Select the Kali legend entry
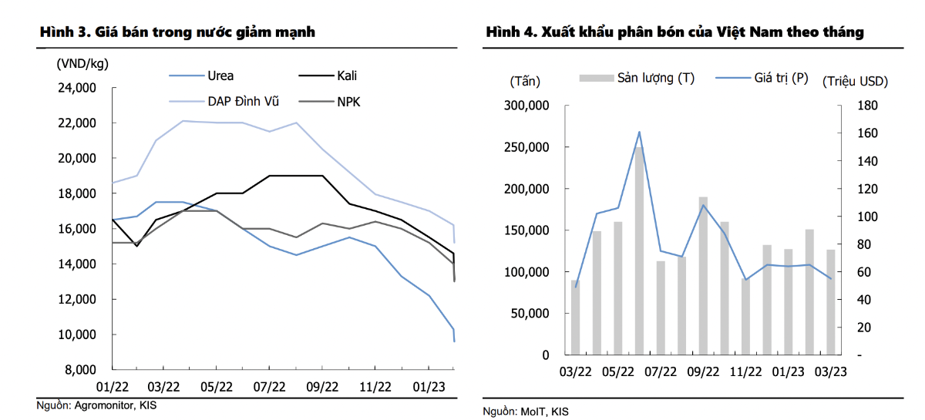pyautogui.click(x=346, y=76)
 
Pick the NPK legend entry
pyautogui.click(x=348, y=100)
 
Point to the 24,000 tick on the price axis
pyautogui.click(x=76, y=88)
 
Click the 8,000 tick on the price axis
pyautogui.click(x=79, y=370)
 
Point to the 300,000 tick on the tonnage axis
pyautogui.click(x=526, y=106)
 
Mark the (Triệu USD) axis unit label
pyautogui.click(x=855, y=80)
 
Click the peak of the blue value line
pyautogui.click(x=639, y=132)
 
